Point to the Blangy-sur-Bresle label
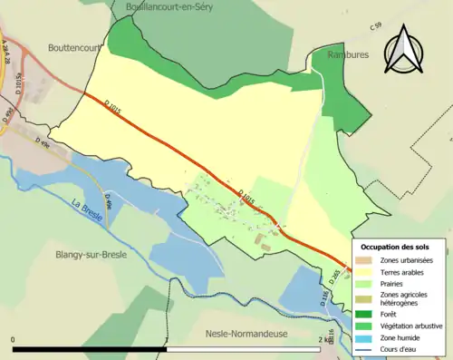tap(91, 255)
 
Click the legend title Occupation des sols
tap(401, 247)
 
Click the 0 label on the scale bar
tap(14, 339)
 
